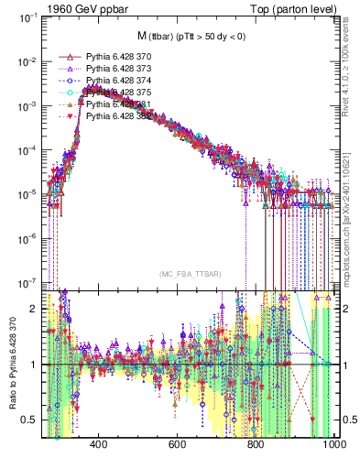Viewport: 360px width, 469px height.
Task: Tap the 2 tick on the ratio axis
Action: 36,309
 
